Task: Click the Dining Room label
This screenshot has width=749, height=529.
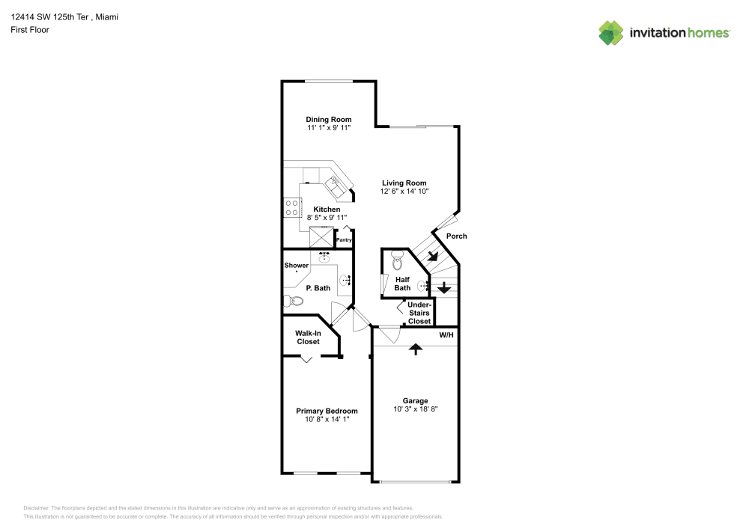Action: [x=328, y=120]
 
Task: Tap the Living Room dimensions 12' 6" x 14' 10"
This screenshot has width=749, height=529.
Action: [x=404, y=192]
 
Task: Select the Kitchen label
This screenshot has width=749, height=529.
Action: [x=327, y=209]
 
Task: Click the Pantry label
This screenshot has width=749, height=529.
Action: [x=344, y=240]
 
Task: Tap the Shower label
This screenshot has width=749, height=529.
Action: [x=296, y=266]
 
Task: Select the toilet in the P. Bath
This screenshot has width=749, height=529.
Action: [x=292, y=301]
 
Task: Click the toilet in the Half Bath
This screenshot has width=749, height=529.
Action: [x=397, y=261]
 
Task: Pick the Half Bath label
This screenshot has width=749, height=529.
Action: [x=402, y=284]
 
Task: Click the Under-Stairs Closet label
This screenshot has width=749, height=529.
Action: [x=419, y=313]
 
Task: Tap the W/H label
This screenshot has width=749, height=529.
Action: [x=446, y=334]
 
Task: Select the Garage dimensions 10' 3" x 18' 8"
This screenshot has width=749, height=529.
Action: [x=415, y=409]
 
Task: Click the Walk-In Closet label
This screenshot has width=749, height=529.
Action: [x=307, y=337]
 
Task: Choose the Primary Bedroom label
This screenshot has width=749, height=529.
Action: [x=327, y=411]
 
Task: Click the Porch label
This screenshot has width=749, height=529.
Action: [x=456, y=236]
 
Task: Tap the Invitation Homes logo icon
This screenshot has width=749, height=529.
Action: [x=611, y=32]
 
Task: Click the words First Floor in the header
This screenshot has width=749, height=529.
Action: [x=30, y=30]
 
